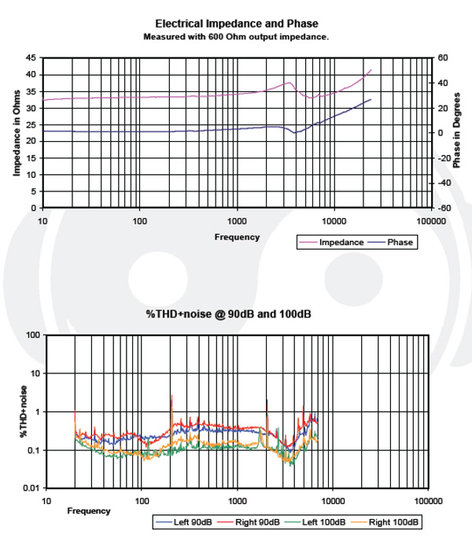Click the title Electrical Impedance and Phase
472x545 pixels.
[237, 24]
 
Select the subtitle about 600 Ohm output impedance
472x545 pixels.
[237, 36]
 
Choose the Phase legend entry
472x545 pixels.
[400, 243]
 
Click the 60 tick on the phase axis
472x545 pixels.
[443, 57]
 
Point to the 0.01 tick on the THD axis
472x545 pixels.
[31, 489]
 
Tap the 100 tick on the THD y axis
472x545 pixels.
[33, 336]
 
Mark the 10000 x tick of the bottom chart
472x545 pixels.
[332, 501]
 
